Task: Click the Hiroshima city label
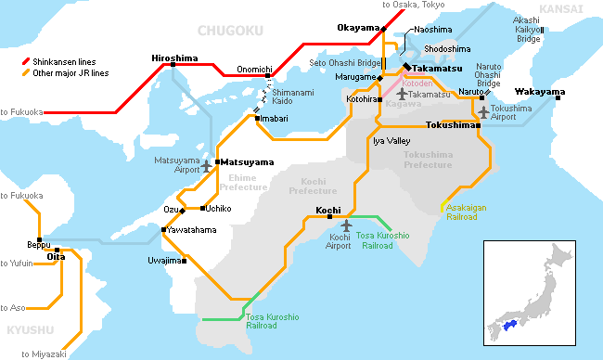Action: [x=173, y=58]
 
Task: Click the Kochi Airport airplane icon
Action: [x=347, y=225]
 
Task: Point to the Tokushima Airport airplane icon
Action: [x=482, y=112]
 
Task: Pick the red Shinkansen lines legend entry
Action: [x=66, y=61]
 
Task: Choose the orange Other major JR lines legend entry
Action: [x=71, y=71]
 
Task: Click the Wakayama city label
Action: [x=540, y=92]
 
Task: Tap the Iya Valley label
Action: [x=391, y=140]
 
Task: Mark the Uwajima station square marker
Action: [x=184, y=261]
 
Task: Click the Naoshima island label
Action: [x=432, y=30]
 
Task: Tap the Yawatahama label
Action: [x=191, y=229]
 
